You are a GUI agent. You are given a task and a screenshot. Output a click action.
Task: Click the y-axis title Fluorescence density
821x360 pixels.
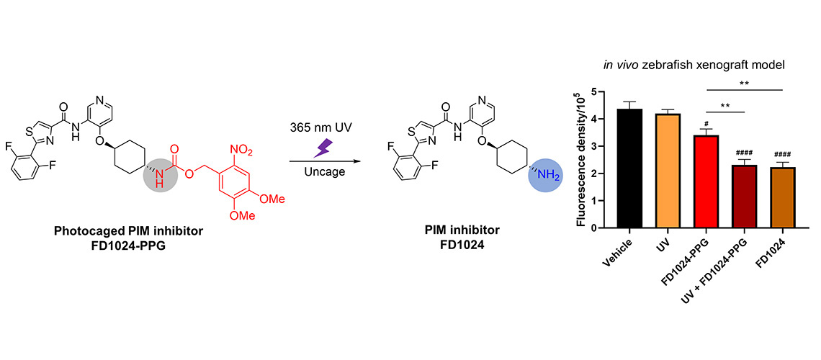point(581,160)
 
